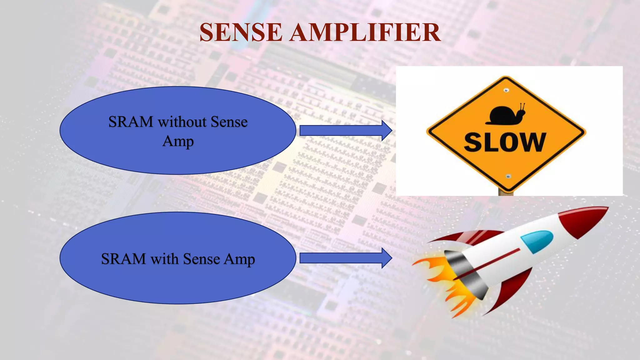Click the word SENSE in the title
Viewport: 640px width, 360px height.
coord(241,32)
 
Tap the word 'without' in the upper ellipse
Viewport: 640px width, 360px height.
coord(182,122)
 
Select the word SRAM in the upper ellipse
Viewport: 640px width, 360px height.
coord(131,122)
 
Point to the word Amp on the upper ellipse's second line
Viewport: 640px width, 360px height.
coord(178,141)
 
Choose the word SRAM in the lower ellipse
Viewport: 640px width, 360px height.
coord(123,259)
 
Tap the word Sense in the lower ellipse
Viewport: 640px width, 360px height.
coord(201,259)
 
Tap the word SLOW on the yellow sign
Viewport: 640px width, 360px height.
coord(505,142)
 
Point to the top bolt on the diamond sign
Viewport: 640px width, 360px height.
coord(506,90)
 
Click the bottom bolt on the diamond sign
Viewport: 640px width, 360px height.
coord(508,177)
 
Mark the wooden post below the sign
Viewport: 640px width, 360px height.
coord(506,193)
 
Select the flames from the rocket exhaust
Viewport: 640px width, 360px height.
coord(444,281)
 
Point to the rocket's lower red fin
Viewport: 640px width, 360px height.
coord(509,291)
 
